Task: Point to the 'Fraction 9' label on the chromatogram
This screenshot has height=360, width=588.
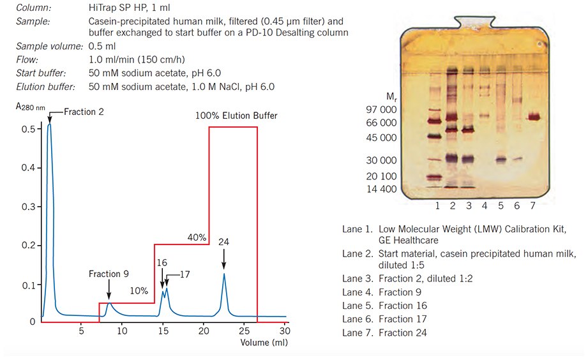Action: pos(109,274)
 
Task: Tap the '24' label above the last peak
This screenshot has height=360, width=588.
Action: pos(224,242)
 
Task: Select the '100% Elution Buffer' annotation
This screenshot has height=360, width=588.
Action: pos(237,116)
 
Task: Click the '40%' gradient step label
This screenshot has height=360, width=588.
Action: pos(197,237)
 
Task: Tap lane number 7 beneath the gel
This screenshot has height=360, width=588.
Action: pos(532,206)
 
